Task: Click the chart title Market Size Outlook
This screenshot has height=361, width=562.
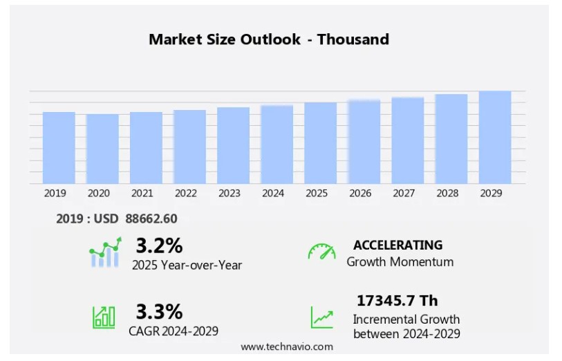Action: (268, 39)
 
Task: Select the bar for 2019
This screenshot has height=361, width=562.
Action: (59, 147)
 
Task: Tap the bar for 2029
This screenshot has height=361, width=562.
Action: (494, 137)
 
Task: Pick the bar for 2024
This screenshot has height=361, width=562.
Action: (277, 144)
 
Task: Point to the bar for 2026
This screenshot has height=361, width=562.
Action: (364, 141)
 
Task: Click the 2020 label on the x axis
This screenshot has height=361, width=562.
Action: (99, 194)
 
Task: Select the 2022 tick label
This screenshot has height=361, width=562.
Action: (186, 194)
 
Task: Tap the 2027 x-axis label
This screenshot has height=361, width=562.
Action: (404, 194)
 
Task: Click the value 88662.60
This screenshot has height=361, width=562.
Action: (151, 219)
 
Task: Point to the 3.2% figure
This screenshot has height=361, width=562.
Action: (159, 246)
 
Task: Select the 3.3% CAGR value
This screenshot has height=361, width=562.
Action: (159, 311)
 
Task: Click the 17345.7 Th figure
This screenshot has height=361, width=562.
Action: (397, 301)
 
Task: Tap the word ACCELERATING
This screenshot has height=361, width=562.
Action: (397, 245)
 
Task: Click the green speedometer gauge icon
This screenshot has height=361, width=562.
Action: (321, 252)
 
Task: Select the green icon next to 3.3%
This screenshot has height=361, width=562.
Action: (104, 316)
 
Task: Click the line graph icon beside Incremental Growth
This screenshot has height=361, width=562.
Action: (321, 317)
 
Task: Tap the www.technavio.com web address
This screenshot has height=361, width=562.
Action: (287, 346)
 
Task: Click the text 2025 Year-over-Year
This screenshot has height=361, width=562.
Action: (187, 265)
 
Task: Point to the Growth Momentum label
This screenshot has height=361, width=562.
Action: (400, 262)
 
